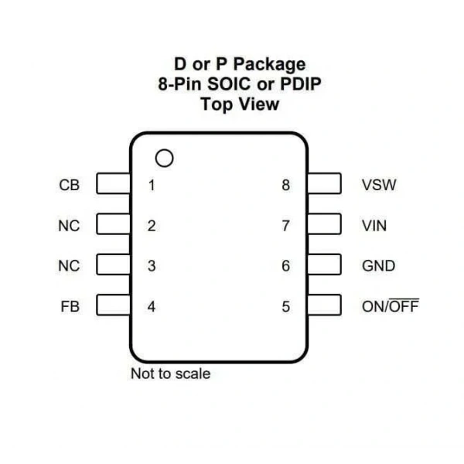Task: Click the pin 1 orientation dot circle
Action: pos(164,150)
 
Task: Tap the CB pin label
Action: pos(70,185)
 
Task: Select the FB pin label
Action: pos(70,306)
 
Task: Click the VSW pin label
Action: pos(379,185)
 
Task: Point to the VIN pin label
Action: pos(374,226)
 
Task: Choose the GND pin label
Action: pos(378,266)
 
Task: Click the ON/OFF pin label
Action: pos(391,305)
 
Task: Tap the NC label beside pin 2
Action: pos(69,226)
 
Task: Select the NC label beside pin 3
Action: pos(69,266)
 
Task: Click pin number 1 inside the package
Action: pos(152,186)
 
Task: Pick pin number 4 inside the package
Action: pos(152,306)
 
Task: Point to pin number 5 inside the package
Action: pos(285,306)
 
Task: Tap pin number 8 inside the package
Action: pos(285,185)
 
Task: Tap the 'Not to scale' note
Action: pos(170,374)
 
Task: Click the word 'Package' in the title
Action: pos(270,64)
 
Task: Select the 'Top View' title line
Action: pos(240,104)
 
